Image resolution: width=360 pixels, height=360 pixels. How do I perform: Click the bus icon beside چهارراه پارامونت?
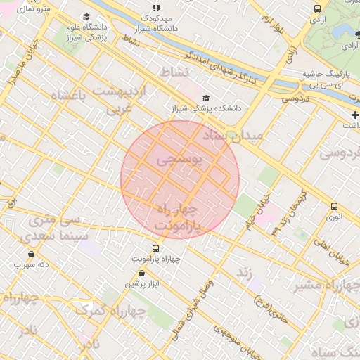click(155, 247)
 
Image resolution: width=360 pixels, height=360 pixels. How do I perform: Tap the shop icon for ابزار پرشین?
click(143, 273)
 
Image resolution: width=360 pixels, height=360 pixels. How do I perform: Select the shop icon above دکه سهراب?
click(31, 254)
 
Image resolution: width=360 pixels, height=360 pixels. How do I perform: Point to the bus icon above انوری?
click(334, 206)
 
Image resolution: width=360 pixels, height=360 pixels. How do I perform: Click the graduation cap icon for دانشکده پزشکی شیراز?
click(206, 98)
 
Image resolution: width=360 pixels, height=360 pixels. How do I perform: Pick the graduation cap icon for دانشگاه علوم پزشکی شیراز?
click(86, 16)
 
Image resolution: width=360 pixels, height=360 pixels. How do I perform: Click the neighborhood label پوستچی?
click(179, 160)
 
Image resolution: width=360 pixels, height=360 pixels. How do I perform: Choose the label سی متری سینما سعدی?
click(50, 230)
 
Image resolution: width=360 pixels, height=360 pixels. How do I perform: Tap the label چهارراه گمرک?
click(103, 309)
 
